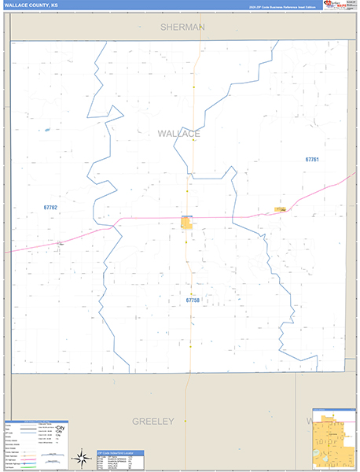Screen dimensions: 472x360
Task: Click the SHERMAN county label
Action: [x=182, y=27]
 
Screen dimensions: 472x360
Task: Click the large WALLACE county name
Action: [x=179, y=134]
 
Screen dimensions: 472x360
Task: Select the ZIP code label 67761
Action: [x=312, y=160]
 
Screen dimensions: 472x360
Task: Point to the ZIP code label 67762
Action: [x=50, y=207]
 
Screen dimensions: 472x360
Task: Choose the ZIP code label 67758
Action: [x=193, y=300]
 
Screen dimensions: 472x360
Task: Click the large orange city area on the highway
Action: [x=188, y=223]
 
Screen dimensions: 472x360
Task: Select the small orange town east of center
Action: [x=280, y=209]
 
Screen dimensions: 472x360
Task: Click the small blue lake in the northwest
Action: [x=47, y=130]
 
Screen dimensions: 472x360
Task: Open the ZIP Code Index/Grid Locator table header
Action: [x=122, y=454]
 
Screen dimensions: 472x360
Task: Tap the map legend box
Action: [x=35, y=445]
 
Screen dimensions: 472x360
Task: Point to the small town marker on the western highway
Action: [x=60, y=244]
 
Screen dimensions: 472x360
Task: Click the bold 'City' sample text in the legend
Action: [x=60, y=429]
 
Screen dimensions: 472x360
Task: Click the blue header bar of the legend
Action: [x=35, y=422]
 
